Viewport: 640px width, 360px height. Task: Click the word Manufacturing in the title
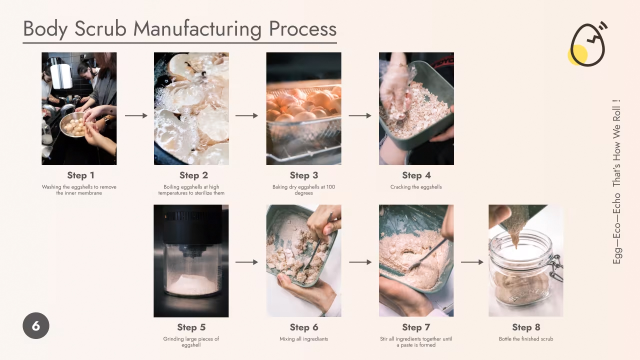click(197, 29)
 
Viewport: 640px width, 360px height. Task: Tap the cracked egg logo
click(587, 44)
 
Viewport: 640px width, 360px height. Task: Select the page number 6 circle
click(36, 325)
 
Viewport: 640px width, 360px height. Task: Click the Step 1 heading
click(80, 175)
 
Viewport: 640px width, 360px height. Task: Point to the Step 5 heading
click(191, 327)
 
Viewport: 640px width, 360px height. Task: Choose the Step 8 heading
click(526, 327)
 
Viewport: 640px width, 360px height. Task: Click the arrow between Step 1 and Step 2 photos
click(136, 115)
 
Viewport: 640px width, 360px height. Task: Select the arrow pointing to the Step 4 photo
click(360, 115)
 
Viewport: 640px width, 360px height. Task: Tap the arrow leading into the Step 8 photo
click(472, 262)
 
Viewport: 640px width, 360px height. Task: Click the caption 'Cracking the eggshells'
click(416, 187)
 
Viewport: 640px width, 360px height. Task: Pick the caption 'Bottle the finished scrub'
click(526, 339)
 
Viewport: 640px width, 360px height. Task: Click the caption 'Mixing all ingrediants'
click(303, 339)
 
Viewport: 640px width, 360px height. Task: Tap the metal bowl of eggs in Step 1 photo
click(73, 125)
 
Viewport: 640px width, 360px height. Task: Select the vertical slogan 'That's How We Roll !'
click(616, 143)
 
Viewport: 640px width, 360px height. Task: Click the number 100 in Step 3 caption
click(330, 187)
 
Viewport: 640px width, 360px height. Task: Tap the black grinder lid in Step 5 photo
click(192, 225)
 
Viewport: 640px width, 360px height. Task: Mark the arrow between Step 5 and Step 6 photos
click(246, 262)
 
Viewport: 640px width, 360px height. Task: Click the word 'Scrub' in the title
click(100, 29)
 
